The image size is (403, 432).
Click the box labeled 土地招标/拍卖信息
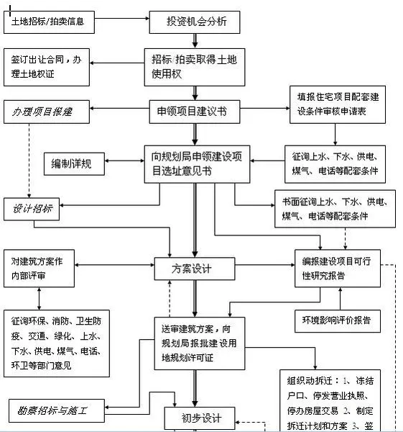[x=49, y=22]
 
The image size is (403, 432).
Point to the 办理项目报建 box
[x=49, y=112]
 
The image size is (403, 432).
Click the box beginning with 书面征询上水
[x=334, y=208]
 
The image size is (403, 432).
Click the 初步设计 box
[x=193, y=418]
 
